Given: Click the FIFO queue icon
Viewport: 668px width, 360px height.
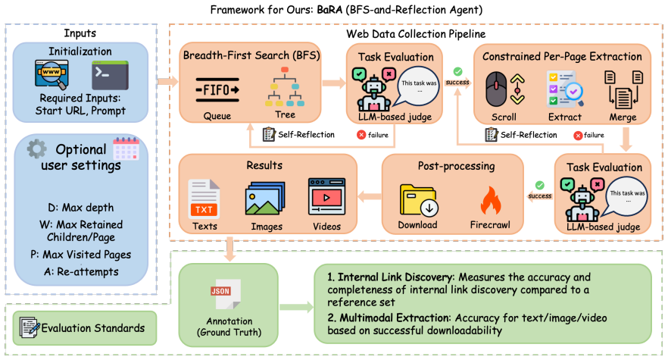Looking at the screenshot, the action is (x=217, y=90).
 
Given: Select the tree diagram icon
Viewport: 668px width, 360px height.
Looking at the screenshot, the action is (x=285, y=86).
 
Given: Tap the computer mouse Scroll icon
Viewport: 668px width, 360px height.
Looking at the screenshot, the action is (x=496, y=89).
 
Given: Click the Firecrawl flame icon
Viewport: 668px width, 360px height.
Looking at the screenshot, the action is (x=490, y=200).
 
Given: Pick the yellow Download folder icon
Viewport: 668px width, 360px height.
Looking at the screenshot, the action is (x=417, y=200).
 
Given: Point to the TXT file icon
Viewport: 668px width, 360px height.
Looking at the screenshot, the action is (x=204, y=199).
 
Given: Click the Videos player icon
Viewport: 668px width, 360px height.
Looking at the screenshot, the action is (x=326, y=196).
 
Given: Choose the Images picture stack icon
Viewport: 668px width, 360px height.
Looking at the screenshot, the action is (x=264, y=198).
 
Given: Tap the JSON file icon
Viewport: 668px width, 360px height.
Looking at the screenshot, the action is (x=226, y=294).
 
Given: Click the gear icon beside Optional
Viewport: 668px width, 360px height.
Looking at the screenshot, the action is (x=36, y=149).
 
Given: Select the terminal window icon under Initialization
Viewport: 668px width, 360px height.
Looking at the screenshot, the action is (x=110, y=75).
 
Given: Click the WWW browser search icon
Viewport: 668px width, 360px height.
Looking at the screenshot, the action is (x=52, y=75).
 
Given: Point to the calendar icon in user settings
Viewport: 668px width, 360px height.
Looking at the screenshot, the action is (x=126, y=149).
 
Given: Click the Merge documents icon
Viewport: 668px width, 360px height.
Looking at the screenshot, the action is (x=623, y=89).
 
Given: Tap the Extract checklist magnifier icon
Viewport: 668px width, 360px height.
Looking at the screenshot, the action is (x=564, y=89).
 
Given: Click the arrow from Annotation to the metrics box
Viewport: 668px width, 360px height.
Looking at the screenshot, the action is (x=297, y=307).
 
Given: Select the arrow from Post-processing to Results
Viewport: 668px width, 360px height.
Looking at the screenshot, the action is (x=370, y=196).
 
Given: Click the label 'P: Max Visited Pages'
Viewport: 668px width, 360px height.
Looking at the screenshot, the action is (x=80, y=255).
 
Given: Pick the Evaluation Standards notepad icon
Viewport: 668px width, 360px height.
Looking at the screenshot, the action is (x=30, y=327).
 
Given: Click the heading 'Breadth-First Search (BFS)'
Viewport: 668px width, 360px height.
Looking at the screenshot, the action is (x=251, y=55).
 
